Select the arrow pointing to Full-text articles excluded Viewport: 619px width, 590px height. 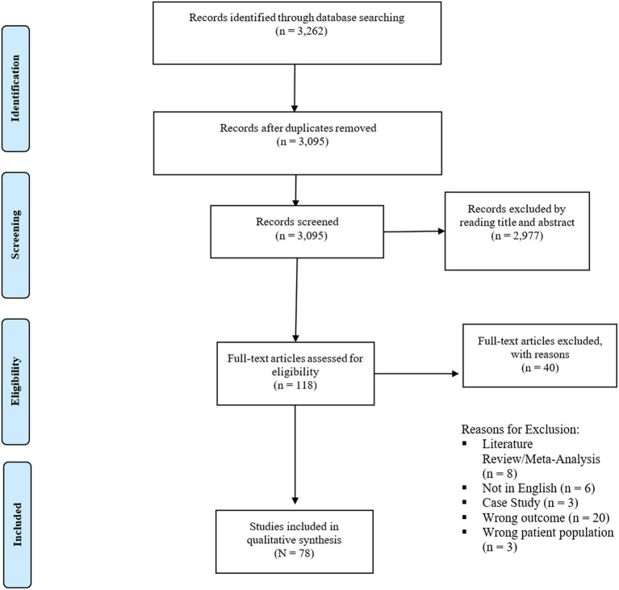click(x=419, y=373)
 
